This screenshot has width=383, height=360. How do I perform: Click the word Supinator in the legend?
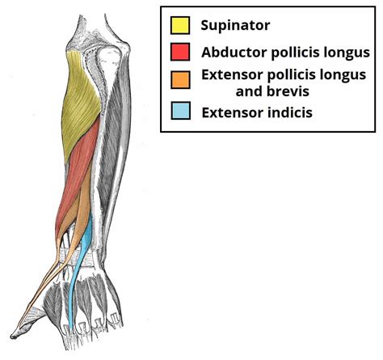tap(235, 25)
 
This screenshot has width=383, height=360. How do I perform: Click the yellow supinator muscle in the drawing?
tap(81, 97)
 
